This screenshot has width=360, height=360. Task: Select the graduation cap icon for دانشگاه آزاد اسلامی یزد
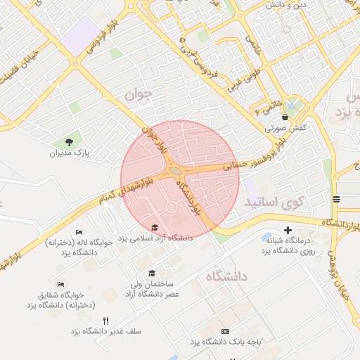155,226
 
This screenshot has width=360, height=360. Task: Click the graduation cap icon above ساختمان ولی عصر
150,274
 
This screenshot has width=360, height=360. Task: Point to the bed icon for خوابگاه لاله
79,232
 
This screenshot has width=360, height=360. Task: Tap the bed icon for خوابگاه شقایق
62,285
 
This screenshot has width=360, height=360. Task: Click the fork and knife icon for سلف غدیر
105,320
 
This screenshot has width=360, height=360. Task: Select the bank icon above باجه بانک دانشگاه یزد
225,331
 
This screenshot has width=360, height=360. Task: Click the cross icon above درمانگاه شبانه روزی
288,231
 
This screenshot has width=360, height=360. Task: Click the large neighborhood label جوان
138,94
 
